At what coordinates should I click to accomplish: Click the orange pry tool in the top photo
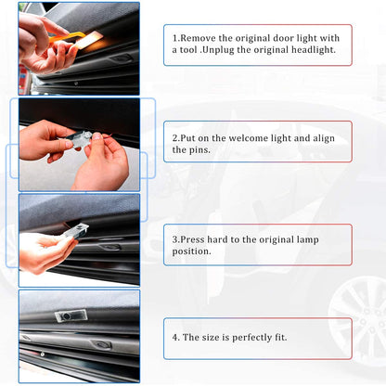[70, 37]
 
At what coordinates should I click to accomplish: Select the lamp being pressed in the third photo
[74, 231]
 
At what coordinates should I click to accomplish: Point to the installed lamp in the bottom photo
[71, 316]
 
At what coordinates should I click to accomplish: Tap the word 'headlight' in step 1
[315, 50]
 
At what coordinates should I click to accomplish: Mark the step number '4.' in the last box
[176, 337]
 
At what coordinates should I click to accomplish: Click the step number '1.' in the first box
[176, 37]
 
